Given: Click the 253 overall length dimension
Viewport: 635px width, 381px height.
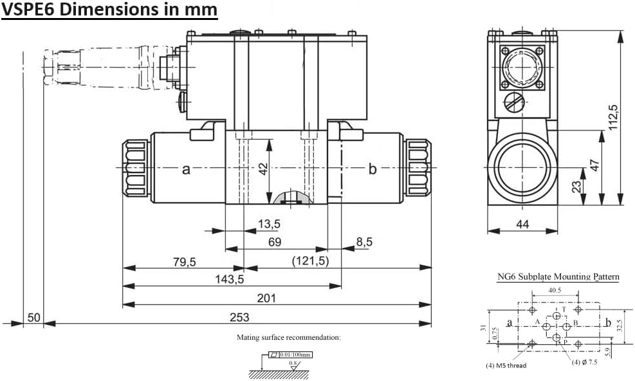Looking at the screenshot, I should pyautogui.click(x=239, y=317).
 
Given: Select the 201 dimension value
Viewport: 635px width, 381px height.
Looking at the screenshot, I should pyautogui.click(x=266, y=298).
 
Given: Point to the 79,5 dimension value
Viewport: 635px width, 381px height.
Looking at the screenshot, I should pyautogui.click(x=184, y=262).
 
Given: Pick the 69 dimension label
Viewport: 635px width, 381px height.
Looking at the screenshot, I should pyautogui.click(x=275, y=243).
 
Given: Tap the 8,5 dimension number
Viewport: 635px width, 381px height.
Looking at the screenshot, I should pyautogui.click(x=364, y=242).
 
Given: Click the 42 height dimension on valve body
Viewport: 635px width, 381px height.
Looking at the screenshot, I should pyautogui.click(x=262, y=169).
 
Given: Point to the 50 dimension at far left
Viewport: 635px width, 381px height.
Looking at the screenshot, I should pyautogui.click(x=33, y=317).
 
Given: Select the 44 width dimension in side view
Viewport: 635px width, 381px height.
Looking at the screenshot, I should pyautogui.click(x=522, y=224).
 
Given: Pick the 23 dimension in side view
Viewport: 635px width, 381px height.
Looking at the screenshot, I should pyautogui.click(x=576, y=186).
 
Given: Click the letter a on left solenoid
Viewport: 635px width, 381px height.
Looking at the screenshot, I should pyautogui.click(x=186, y=169).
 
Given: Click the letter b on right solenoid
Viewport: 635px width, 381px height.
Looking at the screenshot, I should pyautogui.click(x=372, y=169).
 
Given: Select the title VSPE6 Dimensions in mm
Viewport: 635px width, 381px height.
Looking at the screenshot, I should pyautogui.click(x=109, y=10).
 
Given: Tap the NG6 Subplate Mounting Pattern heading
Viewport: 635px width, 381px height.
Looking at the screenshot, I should pyautogui.click(x=558, y=277).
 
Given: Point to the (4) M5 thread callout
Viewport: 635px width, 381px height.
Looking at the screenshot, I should pyautogui.click(x=506, y=366).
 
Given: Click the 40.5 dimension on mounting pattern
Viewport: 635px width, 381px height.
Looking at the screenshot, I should pyautogui.click(x=555, y=290).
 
